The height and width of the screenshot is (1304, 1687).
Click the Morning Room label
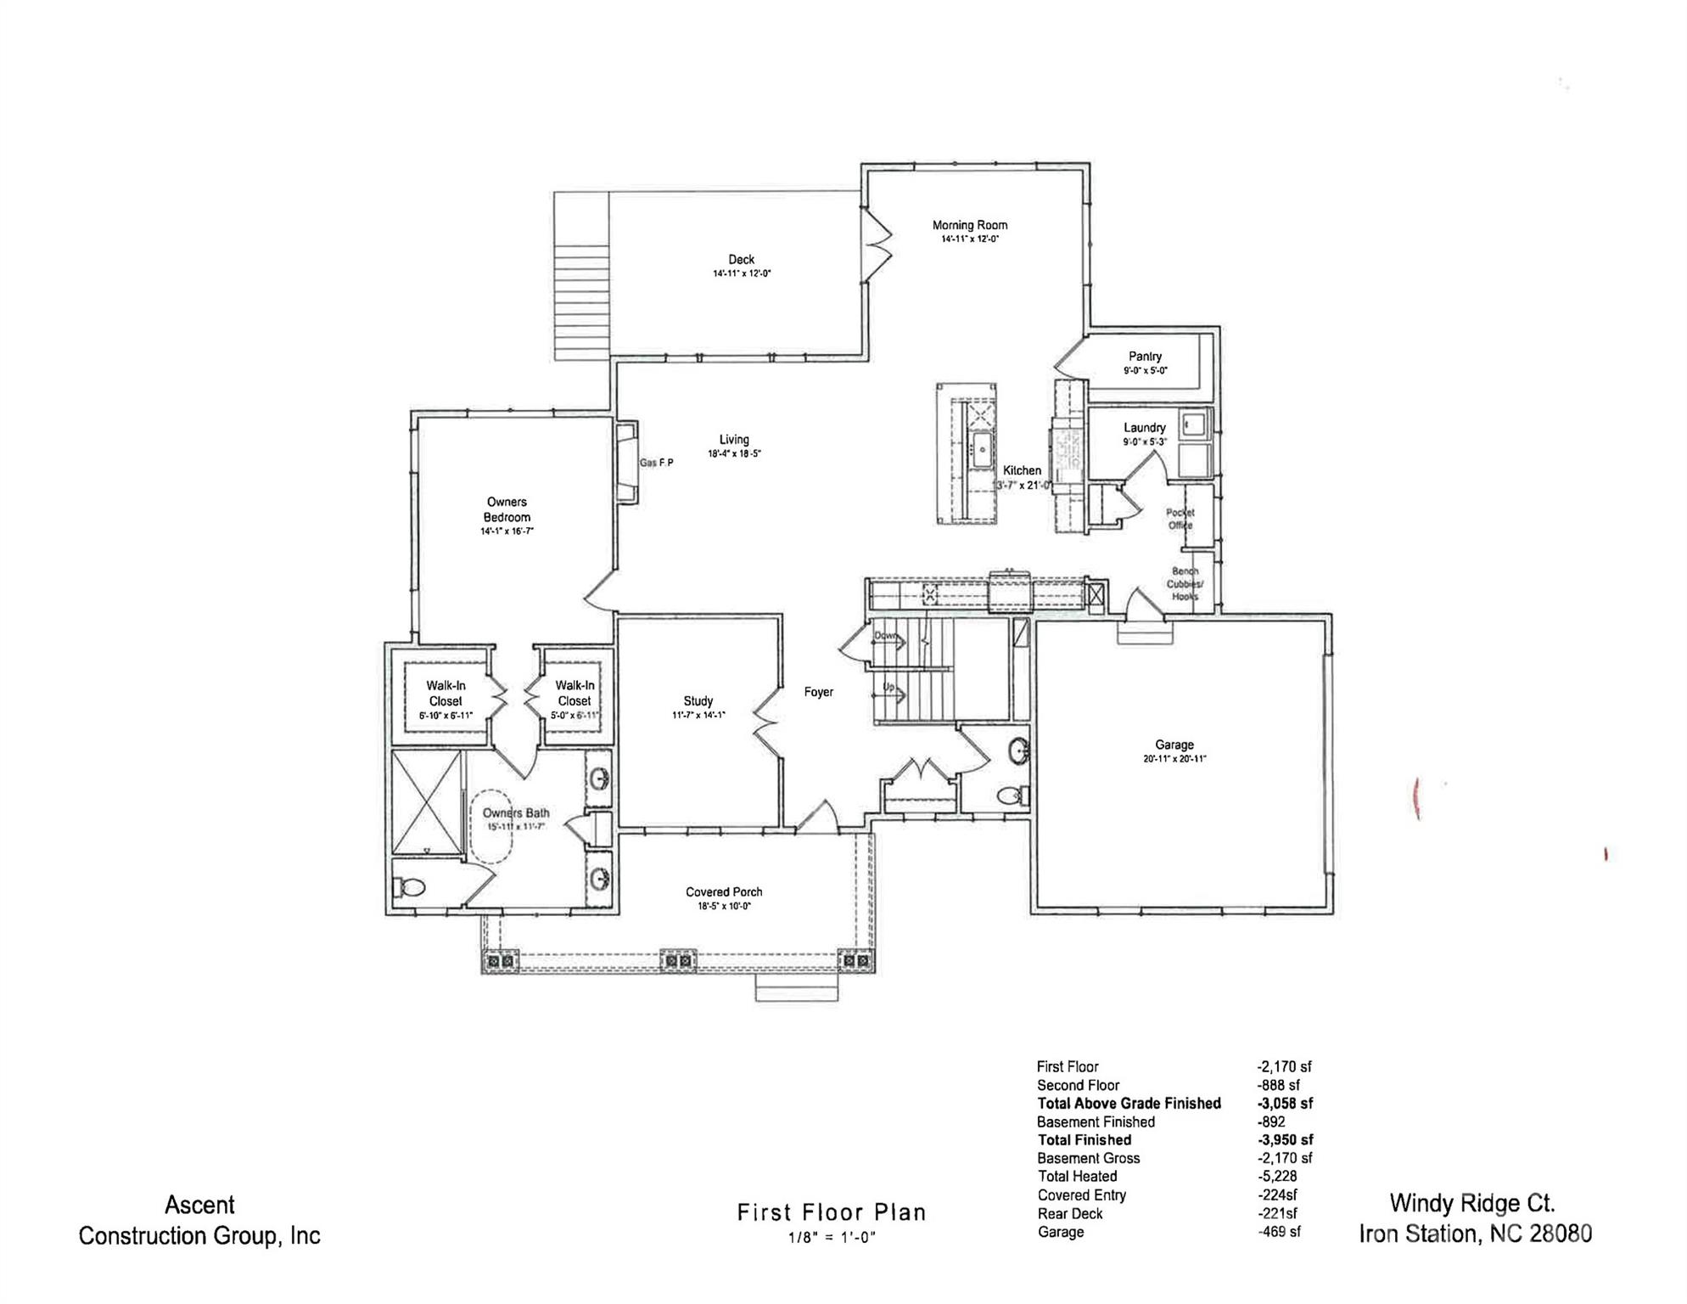pyautogui.click(x=969, y=225)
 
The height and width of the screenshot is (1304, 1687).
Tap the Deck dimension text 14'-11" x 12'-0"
pyautogui.click(x=741, y=273)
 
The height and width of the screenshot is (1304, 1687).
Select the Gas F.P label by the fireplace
pyautogui.click(x=656, y=463)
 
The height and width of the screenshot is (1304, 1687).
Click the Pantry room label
pyautogui.click(x=1145, y=357)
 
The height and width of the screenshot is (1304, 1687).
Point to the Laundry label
pyautogui.click(x=1144, y=428)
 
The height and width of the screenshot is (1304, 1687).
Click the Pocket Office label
pyautogui.click(x=1180, y=519)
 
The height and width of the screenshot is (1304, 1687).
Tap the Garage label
pyautogui.click(x=1174, y=745)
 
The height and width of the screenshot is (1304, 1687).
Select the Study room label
pyautogui.click(x=698, y=701)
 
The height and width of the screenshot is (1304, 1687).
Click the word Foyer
pyautogui.click(x=818, y=692)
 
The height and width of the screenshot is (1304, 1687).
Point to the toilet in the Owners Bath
pyautogui.click(x=410, y=888)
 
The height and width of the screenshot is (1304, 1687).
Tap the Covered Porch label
pyautogui.click(x=724, y=892)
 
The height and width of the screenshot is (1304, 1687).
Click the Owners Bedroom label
pyautogui.click(x=507, y=509)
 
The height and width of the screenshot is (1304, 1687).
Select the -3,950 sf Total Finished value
pyautogui.click(x=1285, y=1140)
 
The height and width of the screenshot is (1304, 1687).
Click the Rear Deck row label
pyautogui.click(x=1069, y=1214)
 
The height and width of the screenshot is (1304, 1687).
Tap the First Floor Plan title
pyautogui.click(x=831, y=1212)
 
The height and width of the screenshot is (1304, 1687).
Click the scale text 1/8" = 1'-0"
pyautogui.click(x=831, y=1238)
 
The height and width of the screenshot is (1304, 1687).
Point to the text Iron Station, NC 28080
pyautogui.click(x=1475, y=1234)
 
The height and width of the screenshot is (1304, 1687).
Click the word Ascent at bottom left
pyautogui.click(x=199, y=1205)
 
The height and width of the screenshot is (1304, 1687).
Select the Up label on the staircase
pyautogui.click(x=888, y=687)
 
